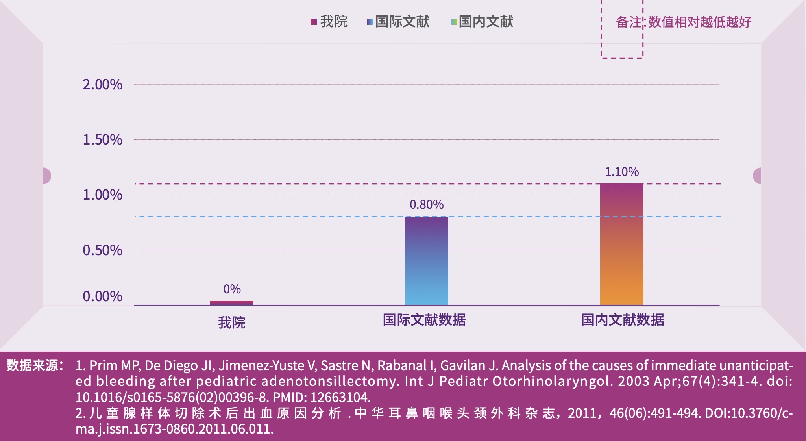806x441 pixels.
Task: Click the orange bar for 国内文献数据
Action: (x=621, y=244)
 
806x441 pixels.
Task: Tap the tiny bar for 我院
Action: (x=231, y=303)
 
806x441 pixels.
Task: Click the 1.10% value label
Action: (x=621, y=172)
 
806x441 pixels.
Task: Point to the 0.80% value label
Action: (x=426, y=204)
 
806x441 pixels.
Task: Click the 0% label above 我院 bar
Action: (x=232, y=289)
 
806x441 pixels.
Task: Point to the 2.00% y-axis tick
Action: (x=102, y=84)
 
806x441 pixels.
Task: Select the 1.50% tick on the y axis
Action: (x=102, y=139)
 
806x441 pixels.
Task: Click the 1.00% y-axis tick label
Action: (x=102, y=195)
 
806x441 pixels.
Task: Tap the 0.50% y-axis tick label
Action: (x=102, y=250)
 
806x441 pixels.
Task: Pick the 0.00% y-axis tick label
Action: (x=102, y=296)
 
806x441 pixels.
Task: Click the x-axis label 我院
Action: (x=231, y=322)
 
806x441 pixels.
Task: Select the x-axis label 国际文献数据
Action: (x=424, y=320)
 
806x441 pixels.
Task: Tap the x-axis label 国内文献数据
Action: (x=622, y=320)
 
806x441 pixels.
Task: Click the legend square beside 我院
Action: (x=314, y=22)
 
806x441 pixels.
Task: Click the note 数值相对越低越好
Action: (x=700, y=22)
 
